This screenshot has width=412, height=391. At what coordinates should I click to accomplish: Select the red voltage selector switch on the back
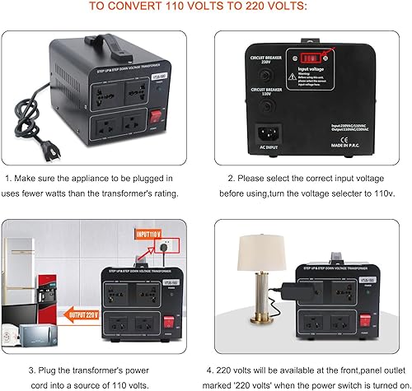pyautogui.click(x=311, y=58)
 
